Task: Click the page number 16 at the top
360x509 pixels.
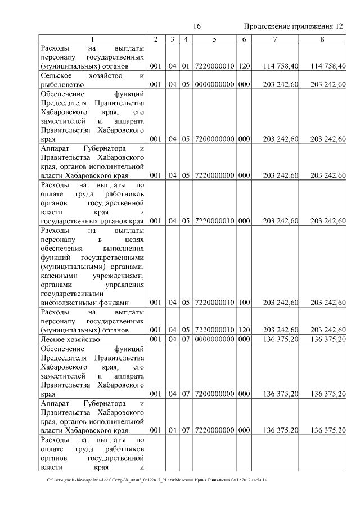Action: click(197, 26)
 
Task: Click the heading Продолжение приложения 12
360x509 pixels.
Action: click(293, 26)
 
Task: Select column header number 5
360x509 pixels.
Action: click(215, 39)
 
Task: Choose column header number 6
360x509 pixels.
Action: click(244, 39)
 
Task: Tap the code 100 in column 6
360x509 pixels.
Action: click(244, 303)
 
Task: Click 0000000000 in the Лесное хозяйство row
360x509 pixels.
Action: click(215, 340)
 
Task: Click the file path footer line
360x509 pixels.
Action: click(157, 480)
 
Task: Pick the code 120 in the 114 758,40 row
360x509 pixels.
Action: click(244, 66)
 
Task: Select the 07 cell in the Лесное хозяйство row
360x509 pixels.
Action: click(186, 340)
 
